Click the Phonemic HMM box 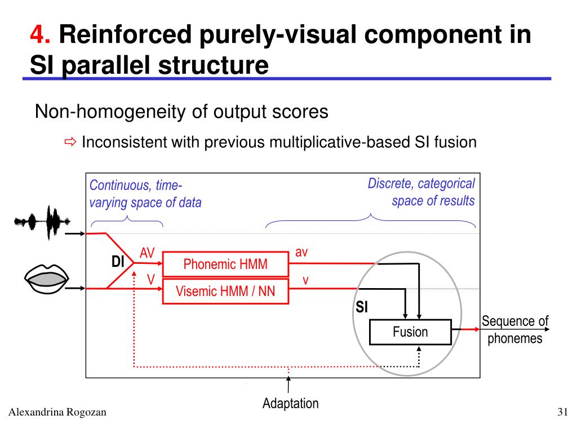point(225,264)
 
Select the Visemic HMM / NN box point(225,291)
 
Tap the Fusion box point(410,332)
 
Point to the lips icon point(47,279)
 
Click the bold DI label point(118,262)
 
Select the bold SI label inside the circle point(362,307)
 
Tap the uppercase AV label point(147,254)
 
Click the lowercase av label point(301,253)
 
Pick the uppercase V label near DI point(151,280)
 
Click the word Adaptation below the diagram point(290,403)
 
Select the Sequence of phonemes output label point(514,330)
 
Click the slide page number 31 point(561,413)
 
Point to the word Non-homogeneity point(104,112)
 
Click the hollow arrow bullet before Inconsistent point(70,142)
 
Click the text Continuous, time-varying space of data point(145,194)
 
